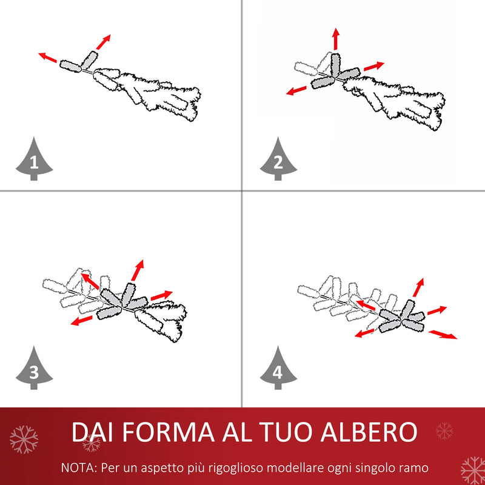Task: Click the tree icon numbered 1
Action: pyautogui.click(x=34, y=160)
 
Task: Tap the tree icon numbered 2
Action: pyautogui.click(x=278, y=160)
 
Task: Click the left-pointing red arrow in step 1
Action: pyautogui.click(x=48, y=58)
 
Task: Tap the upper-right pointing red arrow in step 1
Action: pyautogui.click(x=104, y=41)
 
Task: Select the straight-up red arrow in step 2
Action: pyautogui.click(x=335, y=38)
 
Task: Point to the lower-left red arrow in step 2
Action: pyautogui.click(x=296, y=91)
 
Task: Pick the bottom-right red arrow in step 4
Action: pyautogui.click(x=443, y=335)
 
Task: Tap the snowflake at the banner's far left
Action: pyautogui.click(x=24, y=440)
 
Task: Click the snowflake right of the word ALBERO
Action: pyautogui.click(x=444, y=430)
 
